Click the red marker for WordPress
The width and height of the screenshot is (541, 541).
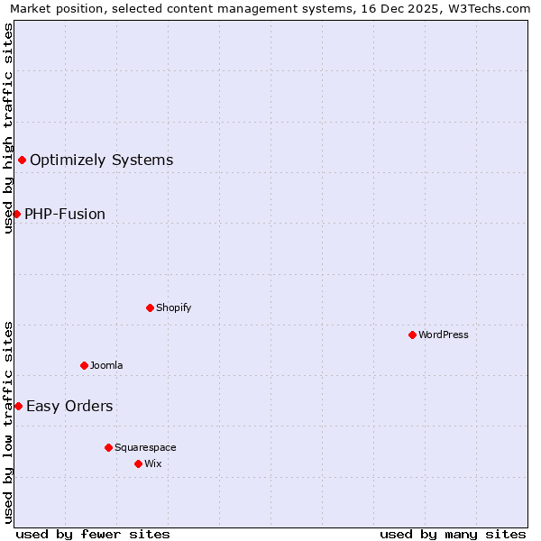pos(412,335)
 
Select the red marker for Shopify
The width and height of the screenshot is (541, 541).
pos(150,307)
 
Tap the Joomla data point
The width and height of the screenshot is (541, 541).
pos(84,365)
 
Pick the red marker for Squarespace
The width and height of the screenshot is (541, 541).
pos(108,447)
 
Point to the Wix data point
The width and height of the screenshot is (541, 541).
pos(138,463)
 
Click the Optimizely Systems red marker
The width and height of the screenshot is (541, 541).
pos(22,160)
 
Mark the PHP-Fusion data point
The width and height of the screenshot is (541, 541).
pos(16,214)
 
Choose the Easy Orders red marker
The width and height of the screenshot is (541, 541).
pos(18,406)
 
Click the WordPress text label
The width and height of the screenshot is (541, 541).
pos(444,335)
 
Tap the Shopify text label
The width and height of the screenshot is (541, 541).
pos(174,307)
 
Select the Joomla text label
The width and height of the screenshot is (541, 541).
pos(106,365)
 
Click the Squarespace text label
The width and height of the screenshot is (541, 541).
pos(145,447)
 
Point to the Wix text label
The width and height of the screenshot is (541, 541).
pos(153,463)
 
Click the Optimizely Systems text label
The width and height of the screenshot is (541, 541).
pos(102,160)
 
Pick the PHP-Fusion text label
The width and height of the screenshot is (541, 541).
pos(65,214)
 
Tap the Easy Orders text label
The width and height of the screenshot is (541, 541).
pos(69,406)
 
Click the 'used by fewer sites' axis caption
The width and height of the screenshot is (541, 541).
pos(93,534)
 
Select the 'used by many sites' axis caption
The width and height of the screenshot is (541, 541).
pos(453,534)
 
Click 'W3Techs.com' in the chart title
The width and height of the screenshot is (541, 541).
pos(493,9)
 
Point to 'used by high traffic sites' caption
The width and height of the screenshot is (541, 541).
pos(9,128)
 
